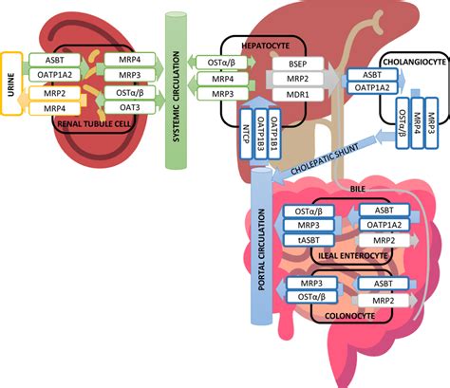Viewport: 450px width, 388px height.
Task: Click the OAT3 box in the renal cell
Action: click(x=129, y=110)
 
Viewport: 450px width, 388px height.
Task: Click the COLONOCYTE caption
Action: click(x=336, y=318)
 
